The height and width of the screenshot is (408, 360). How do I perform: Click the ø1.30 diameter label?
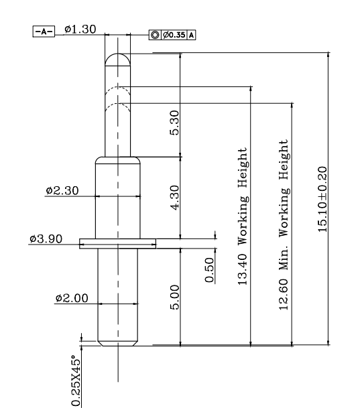[80, 29]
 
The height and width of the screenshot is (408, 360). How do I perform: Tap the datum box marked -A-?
[44, 31]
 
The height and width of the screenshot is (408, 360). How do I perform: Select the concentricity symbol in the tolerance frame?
[155, 35]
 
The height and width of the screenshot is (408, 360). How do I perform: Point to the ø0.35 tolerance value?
[174, 35]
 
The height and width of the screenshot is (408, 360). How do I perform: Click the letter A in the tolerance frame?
[191, 35]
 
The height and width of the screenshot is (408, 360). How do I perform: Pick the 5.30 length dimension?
[175, 123]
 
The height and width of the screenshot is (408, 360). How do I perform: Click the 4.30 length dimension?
[175, 198]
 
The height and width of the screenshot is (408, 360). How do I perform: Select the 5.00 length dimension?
[175, 297]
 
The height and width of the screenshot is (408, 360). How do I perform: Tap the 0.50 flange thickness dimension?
[209, 270]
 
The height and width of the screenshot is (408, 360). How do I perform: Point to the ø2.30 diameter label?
[62, 190]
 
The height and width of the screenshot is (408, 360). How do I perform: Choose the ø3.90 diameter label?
[46, 239]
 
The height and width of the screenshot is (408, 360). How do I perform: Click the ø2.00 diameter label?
[72, 298]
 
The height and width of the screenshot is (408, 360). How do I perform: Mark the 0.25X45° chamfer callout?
[76, 381]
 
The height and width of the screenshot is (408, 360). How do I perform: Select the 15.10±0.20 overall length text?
[322, 200]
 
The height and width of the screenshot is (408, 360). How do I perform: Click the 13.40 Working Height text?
[242, 216]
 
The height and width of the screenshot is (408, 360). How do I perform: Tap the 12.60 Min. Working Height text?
[284, 225]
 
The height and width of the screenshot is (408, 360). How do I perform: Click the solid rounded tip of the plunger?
[118, 54]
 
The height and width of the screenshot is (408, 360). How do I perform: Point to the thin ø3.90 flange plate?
[118, 244]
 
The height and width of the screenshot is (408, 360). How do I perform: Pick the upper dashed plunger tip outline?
[118, 86]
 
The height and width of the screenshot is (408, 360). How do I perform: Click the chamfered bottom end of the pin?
[118, 344]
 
